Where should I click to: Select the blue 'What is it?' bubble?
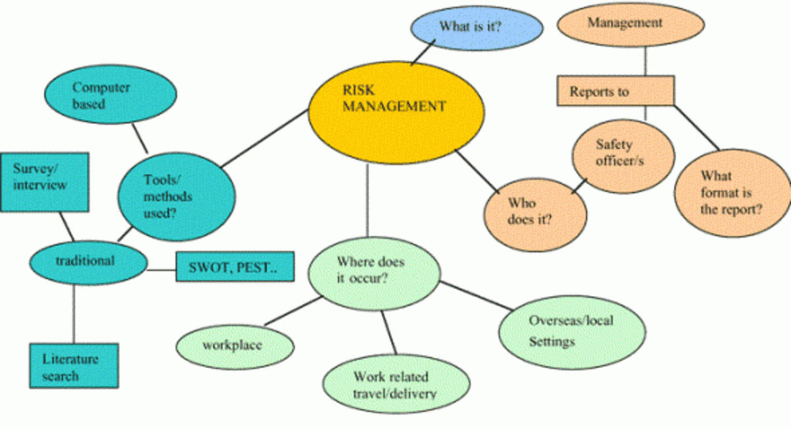(x=477, y=28)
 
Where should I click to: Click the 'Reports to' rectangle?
(x=615, y=91)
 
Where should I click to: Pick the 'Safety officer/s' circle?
(x=622, y=154)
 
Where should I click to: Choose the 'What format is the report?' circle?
(x=730, y=194)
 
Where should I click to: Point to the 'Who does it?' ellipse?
(x=535, y=210)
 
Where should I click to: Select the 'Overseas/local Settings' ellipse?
(x=570, y=331)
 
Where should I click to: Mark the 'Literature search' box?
(x=74, y=367)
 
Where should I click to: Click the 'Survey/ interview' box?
(x=44, y=181)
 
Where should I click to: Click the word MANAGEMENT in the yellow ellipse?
(x=394, y=106)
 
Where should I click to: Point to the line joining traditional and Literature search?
(x=74, y=311)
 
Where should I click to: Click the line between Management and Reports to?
(x=645, y=61)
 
